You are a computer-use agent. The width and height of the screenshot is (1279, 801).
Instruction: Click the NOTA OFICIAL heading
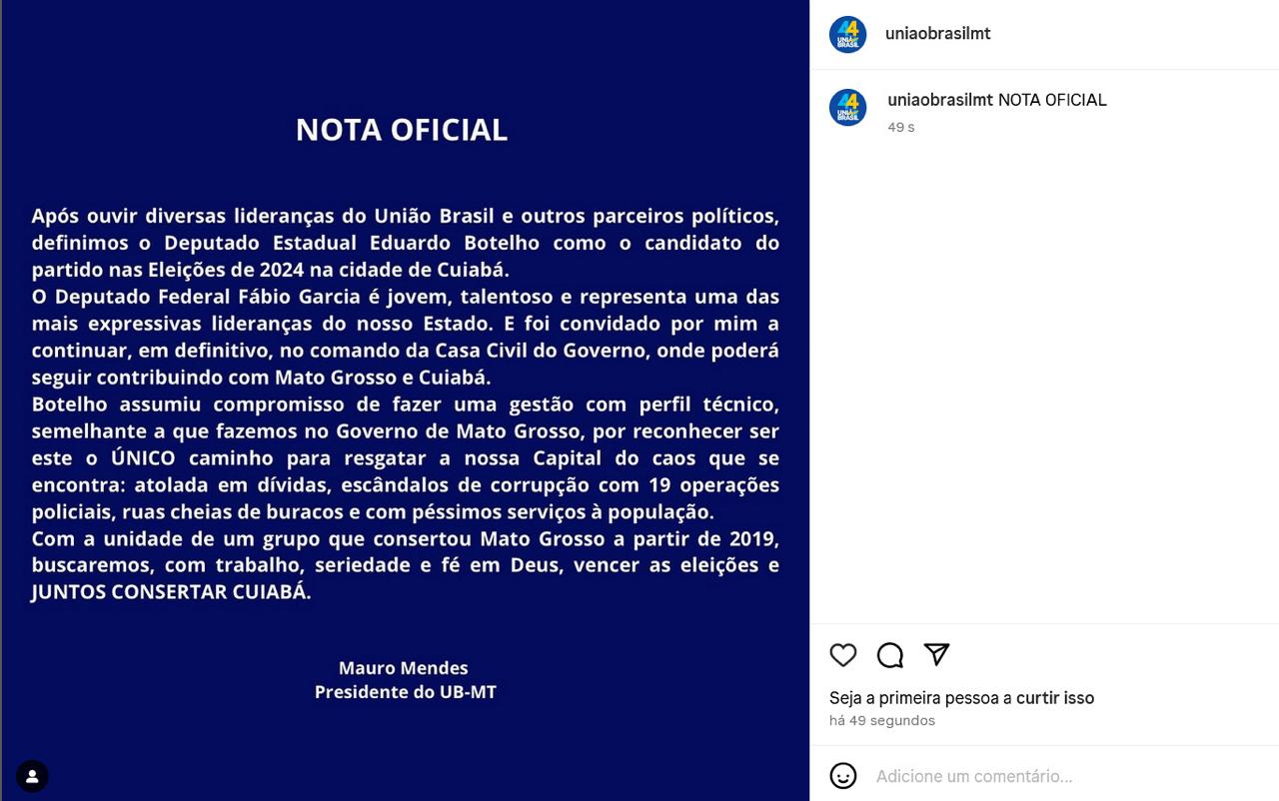(401, 130)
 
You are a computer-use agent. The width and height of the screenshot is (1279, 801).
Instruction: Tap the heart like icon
(843, 655)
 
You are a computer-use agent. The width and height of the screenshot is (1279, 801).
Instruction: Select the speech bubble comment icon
(889, 655)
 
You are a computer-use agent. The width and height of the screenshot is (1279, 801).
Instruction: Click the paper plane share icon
(936, 654)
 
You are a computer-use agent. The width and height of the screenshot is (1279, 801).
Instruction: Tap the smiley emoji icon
(843, 776)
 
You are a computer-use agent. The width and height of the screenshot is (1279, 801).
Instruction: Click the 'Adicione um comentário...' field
(974, 776)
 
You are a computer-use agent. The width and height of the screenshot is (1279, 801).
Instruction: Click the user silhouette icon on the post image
(32, 776)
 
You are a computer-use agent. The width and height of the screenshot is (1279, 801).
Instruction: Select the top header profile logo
(847, 34)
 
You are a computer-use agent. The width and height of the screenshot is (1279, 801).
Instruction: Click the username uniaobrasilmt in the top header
(937, 34)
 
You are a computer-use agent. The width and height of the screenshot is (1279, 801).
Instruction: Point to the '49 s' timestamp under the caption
(900, 127)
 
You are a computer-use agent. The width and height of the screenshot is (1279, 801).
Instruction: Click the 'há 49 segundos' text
(881, 721)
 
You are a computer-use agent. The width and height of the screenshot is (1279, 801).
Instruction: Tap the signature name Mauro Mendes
(403, 668)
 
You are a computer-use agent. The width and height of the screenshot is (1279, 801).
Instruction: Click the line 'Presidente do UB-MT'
(405, 692)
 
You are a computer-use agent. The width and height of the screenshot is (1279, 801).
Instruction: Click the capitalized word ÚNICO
(143, 458)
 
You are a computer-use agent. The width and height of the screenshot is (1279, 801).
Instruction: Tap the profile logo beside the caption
(847, 108)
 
